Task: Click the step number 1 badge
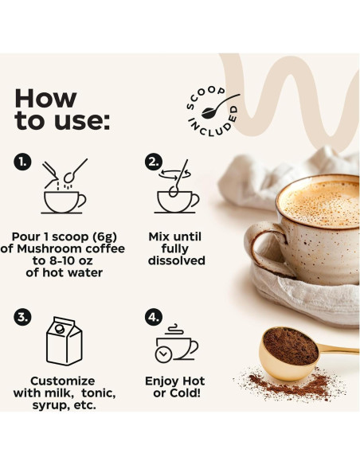point(22,162)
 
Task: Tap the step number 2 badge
point(154,162)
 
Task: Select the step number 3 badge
point(22,317)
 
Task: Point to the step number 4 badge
point(154,317)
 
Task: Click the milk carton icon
point(65,341)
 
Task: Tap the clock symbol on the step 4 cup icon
point(163,354)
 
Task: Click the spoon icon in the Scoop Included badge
point(220,106)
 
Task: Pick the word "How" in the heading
point(45,99)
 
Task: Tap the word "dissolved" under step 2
point(177,260)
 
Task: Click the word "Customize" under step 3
point(63,381)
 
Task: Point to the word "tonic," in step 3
point(99,393)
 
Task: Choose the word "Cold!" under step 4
point(185,393)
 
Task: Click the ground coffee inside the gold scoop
point(290,346)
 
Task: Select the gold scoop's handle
point(338,350)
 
